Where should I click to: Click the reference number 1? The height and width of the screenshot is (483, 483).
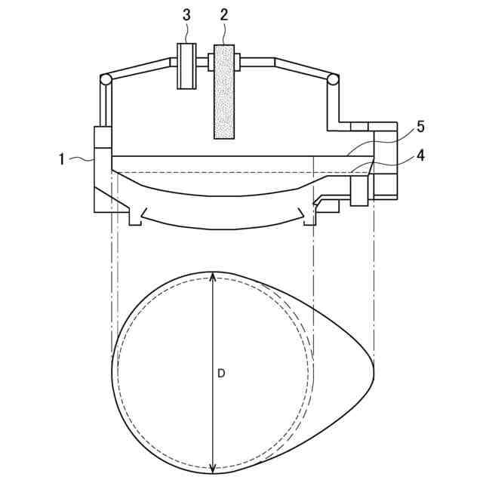(62, 159)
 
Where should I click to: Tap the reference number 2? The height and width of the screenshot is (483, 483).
(224, 15)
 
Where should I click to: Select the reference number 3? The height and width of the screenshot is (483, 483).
(186, 15)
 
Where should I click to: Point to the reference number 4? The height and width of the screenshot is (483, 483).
(420, 156)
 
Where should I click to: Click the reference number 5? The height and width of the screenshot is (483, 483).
(420, 127)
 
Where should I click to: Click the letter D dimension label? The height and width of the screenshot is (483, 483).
(221, 374)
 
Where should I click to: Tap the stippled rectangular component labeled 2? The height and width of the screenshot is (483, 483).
(224, 92)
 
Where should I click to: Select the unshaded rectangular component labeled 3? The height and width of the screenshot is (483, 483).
(186, 66)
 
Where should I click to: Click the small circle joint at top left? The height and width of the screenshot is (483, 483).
(106, 80)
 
